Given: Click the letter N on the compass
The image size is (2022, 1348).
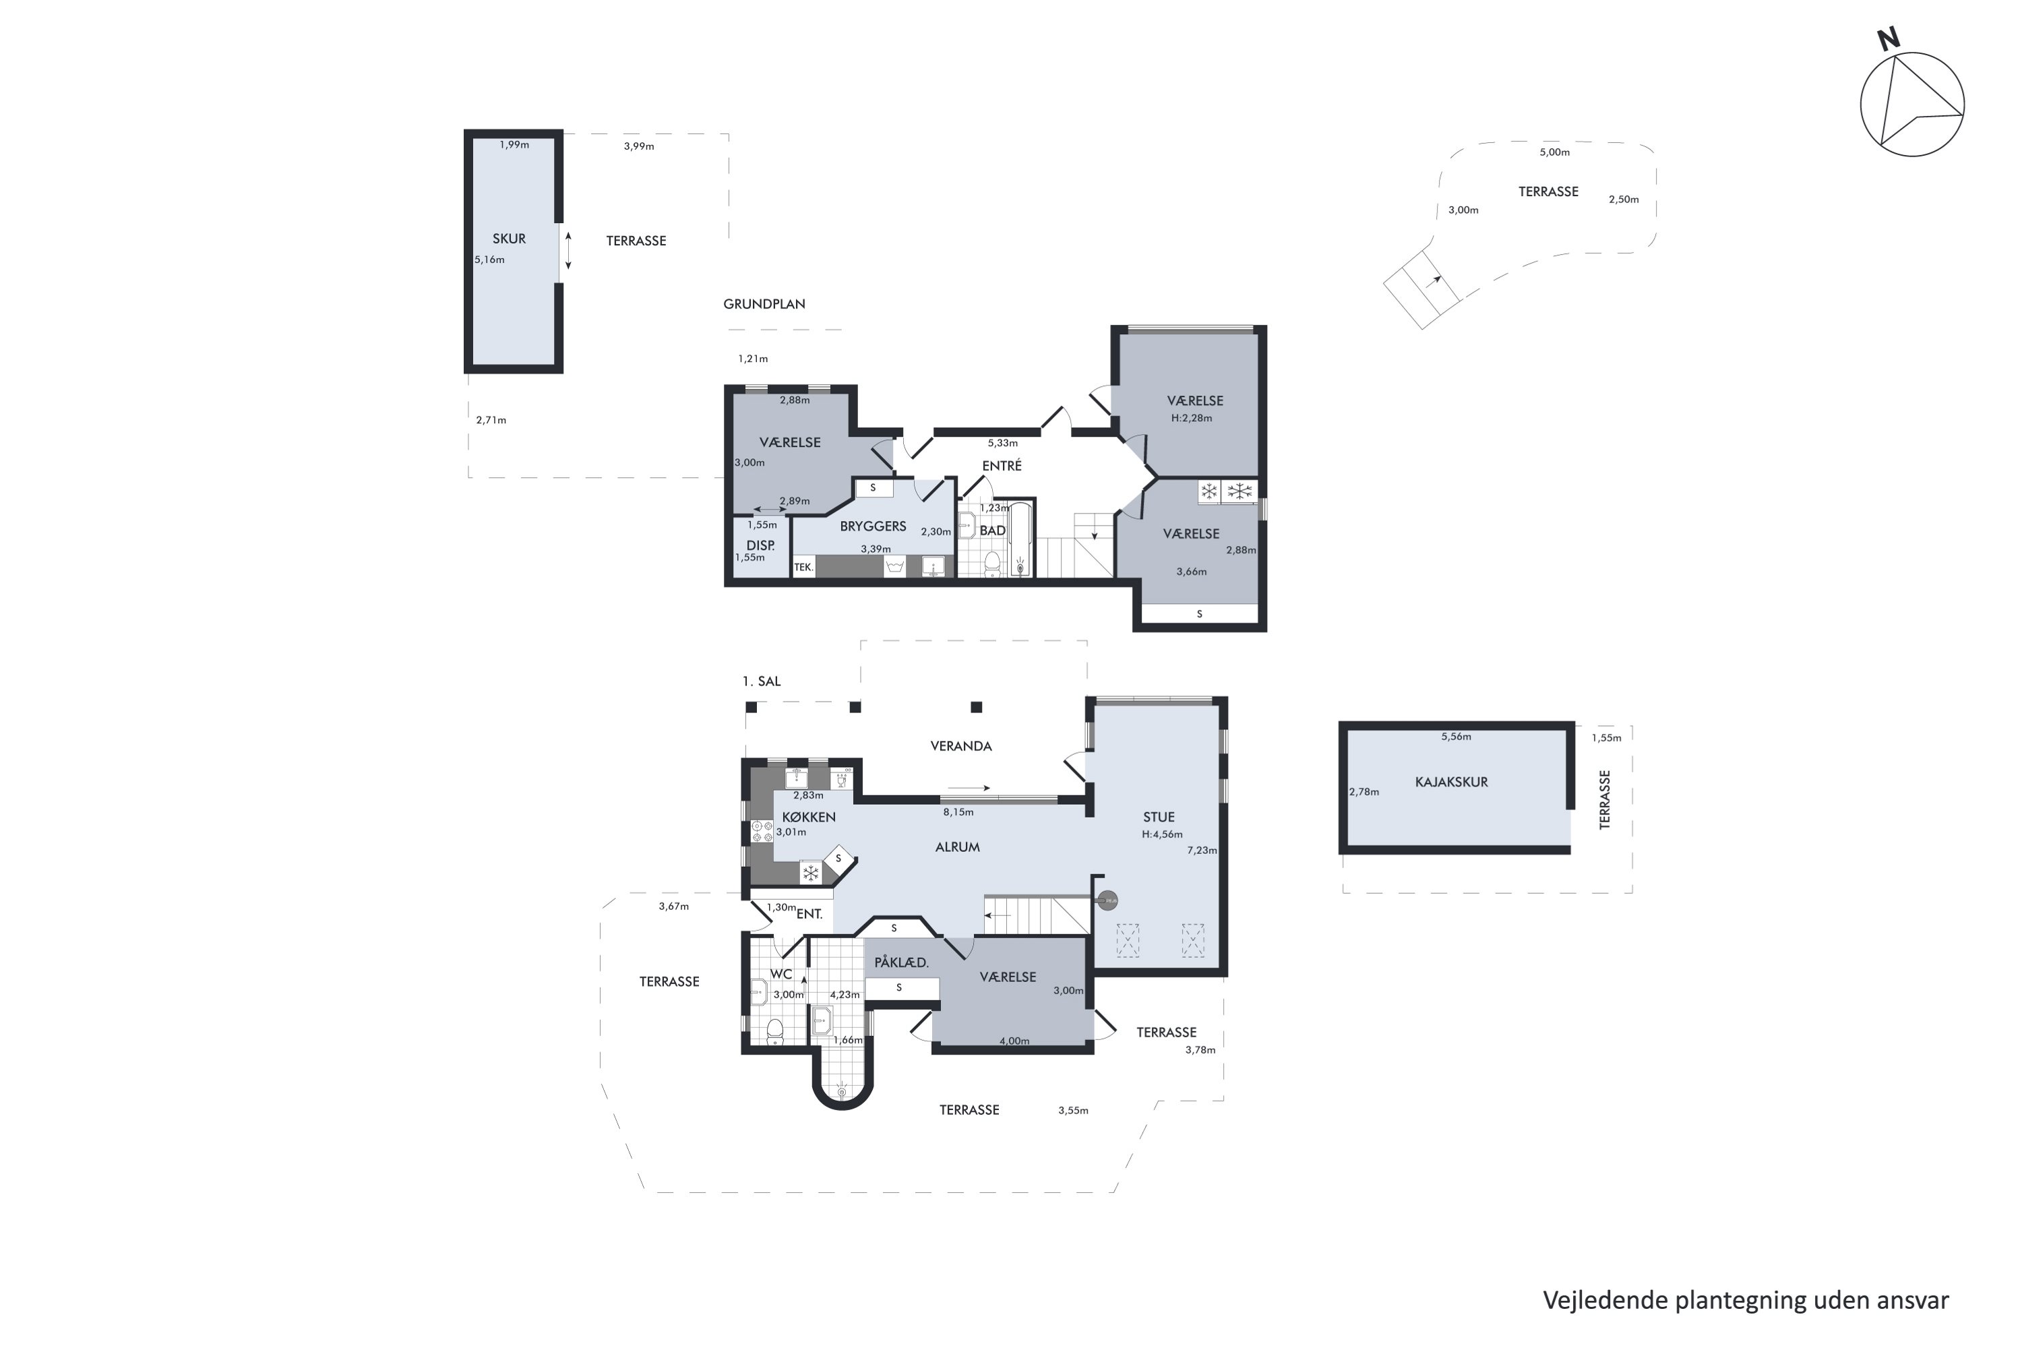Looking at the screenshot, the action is click(1888, 38).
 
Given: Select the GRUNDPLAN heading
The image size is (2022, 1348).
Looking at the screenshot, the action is click(764, 303).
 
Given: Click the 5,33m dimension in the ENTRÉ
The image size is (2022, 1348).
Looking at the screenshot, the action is click(1002, 443).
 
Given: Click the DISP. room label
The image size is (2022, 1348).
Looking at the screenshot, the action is click(761, 545).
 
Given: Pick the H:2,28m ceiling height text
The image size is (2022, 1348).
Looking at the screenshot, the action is click(1192, 419).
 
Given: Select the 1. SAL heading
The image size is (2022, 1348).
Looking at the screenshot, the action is click(762, 681).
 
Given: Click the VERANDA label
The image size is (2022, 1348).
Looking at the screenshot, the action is click(961, 746).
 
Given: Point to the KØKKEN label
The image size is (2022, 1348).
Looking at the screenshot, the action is click(809, 817).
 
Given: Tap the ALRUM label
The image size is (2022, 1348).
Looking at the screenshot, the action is click(958, 847).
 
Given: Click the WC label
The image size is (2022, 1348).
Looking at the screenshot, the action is click(780, 974).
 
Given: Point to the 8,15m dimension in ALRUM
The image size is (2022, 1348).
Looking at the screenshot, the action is click(958, 812).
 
